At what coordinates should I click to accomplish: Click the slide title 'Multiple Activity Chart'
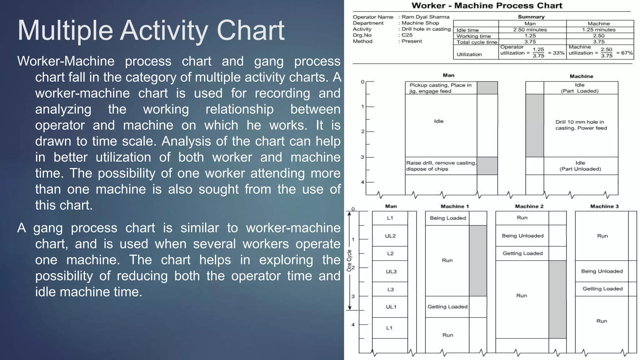click(151, 31)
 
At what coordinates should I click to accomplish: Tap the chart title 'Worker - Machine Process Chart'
click(487, 6)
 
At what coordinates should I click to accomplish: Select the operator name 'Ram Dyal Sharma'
click(425, 17)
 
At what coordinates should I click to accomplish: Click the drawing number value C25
click(407, 35)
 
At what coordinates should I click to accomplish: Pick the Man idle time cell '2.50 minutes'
click(530, 30)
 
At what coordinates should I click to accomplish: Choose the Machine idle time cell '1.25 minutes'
click(598, 30)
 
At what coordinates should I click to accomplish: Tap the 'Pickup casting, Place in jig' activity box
click(440, 88)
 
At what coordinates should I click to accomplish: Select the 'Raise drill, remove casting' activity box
click(441, 166)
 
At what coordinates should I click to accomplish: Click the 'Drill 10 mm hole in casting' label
click(581, 125)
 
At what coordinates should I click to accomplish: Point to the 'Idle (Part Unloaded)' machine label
click(580, 166)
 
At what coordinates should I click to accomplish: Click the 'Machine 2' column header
click(529, 206)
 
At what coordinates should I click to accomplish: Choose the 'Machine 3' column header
click(604, 206)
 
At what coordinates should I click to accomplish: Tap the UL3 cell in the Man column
click(391, 272)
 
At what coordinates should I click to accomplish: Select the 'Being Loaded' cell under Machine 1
click(447, 218)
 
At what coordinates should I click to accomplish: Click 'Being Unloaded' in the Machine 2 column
click(522, 236)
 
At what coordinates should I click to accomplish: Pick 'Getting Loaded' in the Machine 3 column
click(602, 289)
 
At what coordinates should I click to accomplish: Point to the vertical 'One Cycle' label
click(349, 260)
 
